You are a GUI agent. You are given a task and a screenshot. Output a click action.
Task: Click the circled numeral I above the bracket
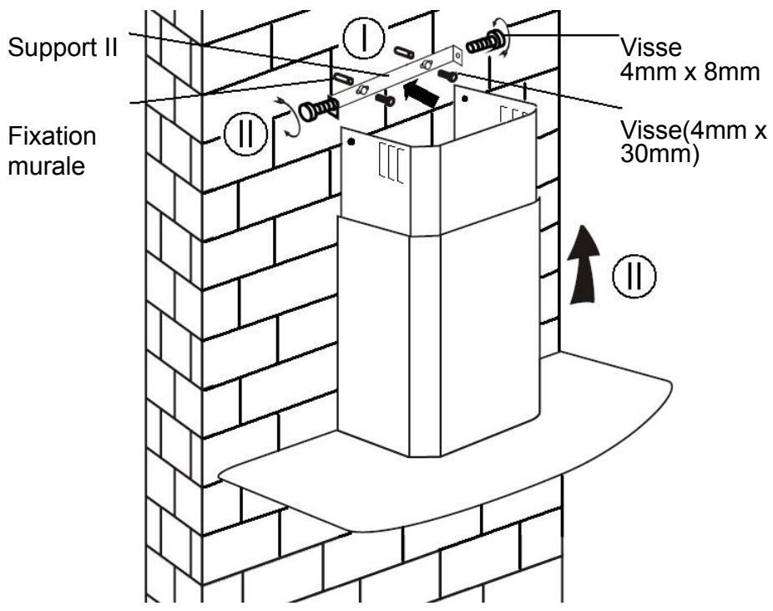click(x=364, y=38)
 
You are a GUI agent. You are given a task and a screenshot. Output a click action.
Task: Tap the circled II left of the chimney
click(x=245, y=133)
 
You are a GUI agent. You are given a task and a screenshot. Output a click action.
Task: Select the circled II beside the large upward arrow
click(x=634, y=276)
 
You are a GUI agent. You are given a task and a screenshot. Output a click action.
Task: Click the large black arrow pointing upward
click(x=584, y=264)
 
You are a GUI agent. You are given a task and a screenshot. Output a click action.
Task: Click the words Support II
click(x=63, y=48)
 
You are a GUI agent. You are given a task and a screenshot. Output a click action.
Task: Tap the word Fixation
click(x=52, y=136)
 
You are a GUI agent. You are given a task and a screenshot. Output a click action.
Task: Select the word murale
click(x=47, y=165)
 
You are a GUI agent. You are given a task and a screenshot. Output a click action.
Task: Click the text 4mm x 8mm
click(x=690, y=72)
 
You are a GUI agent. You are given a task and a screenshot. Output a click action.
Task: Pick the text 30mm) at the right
click(x=659, y=155)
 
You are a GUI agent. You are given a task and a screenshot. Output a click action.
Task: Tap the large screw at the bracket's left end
click(x=317, y=109)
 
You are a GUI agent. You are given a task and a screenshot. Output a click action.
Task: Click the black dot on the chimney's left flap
click(x=351, y=142)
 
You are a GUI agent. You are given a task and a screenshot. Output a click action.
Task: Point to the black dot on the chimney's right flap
click(x=464, y=99)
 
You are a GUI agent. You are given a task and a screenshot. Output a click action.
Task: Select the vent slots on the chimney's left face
click(x=392, y=163)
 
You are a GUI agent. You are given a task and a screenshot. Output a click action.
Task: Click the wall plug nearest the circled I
click(x=403, y=51)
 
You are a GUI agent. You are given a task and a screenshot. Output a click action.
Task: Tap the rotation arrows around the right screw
click(x=503, y=38)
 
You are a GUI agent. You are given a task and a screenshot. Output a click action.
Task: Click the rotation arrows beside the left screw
click(x=288, y=116)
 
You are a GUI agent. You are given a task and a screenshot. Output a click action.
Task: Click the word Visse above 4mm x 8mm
click(x=651, y=48)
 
